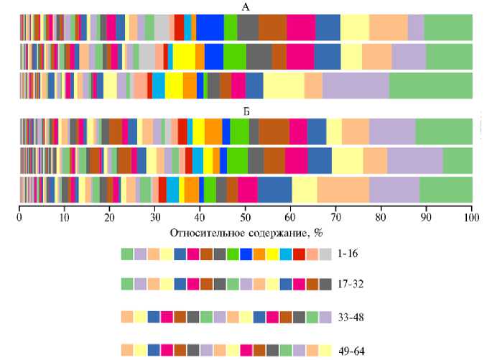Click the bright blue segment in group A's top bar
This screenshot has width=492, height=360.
(x=210, y=27)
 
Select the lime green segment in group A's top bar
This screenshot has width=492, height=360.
(x=231, y=27)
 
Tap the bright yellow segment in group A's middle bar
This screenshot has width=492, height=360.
(x=184, y=55)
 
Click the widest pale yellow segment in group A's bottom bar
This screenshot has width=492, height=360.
(x=284, y=85)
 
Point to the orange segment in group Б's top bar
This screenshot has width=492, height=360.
(x=213, y=131)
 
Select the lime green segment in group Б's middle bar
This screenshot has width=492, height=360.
(x=237, y=160)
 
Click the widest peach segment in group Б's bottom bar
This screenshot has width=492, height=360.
(x=343, y=189)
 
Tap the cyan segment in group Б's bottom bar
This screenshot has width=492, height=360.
(x=172, y=189)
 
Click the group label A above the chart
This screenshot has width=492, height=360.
(x=246, y=6)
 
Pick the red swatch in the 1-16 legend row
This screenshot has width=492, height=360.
(x=299, y=254)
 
